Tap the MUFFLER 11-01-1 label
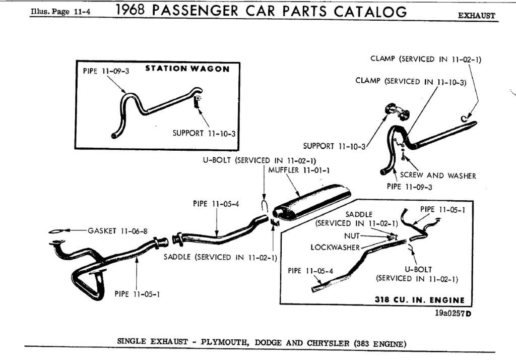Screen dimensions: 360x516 click(299, 170)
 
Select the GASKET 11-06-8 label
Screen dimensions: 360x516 click(117, 231)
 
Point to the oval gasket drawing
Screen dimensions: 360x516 click(59, 231)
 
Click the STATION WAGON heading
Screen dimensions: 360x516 click(187, 69)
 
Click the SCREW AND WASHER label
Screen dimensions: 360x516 click(438, 176)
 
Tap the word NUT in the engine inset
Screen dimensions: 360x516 click(352, 235)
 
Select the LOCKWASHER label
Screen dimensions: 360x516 click(336, 247)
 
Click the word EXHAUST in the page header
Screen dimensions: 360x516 click(476, 16)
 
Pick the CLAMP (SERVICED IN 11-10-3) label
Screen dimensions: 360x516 click(412, 81)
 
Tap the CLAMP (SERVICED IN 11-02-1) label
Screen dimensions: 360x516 click(426, 59)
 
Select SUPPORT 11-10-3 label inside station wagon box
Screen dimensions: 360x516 click(204, 134)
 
